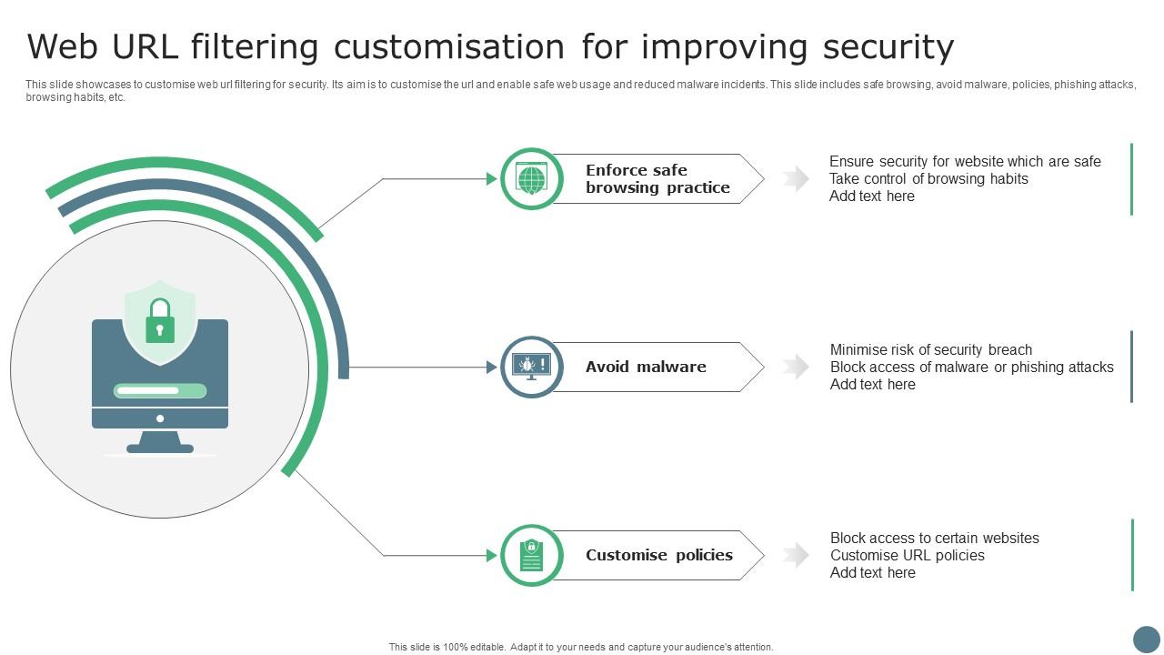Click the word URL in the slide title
134,46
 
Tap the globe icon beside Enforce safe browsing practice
532,178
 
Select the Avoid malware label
646,367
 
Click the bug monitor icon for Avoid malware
532,367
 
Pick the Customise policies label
658,555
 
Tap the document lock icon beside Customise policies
532,555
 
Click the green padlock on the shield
160,322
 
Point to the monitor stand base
160,448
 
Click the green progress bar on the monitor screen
160,391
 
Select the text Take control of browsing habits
928,179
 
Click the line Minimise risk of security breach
930,350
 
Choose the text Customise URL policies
907,556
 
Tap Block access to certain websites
934,539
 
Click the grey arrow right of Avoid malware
796,367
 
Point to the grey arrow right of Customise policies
796,555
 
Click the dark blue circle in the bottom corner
1146,639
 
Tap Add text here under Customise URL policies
872,573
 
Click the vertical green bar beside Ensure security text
1131,179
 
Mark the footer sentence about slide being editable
581,647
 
